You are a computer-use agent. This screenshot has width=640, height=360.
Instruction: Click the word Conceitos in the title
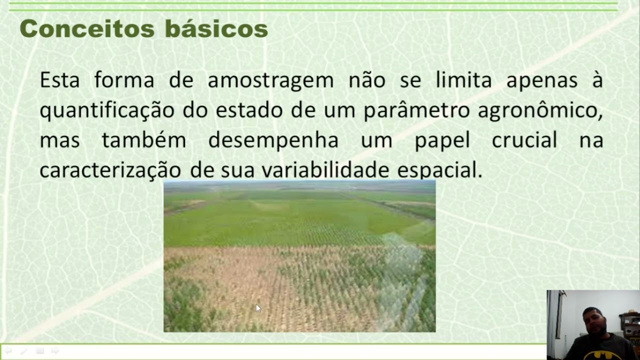coord(86,28)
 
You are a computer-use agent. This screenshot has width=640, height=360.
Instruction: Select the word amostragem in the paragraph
coord(270,80)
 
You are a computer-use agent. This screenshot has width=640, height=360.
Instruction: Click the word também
coord(144,140)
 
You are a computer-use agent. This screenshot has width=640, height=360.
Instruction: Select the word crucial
coord(524,140)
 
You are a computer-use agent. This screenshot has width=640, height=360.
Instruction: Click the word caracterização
coord(110,170)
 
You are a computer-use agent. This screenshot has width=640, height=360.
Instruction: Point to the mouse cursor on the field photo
coord(258,308)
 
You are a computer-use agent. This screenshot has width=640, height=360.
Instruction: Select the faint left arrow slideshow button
coord(8,351)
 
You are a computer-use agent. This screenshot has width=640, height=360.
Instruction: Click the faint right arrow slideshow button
coord(55,351)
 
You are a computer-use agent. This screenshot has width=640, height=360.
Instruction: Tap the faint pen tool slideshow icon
coord(23,351)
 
